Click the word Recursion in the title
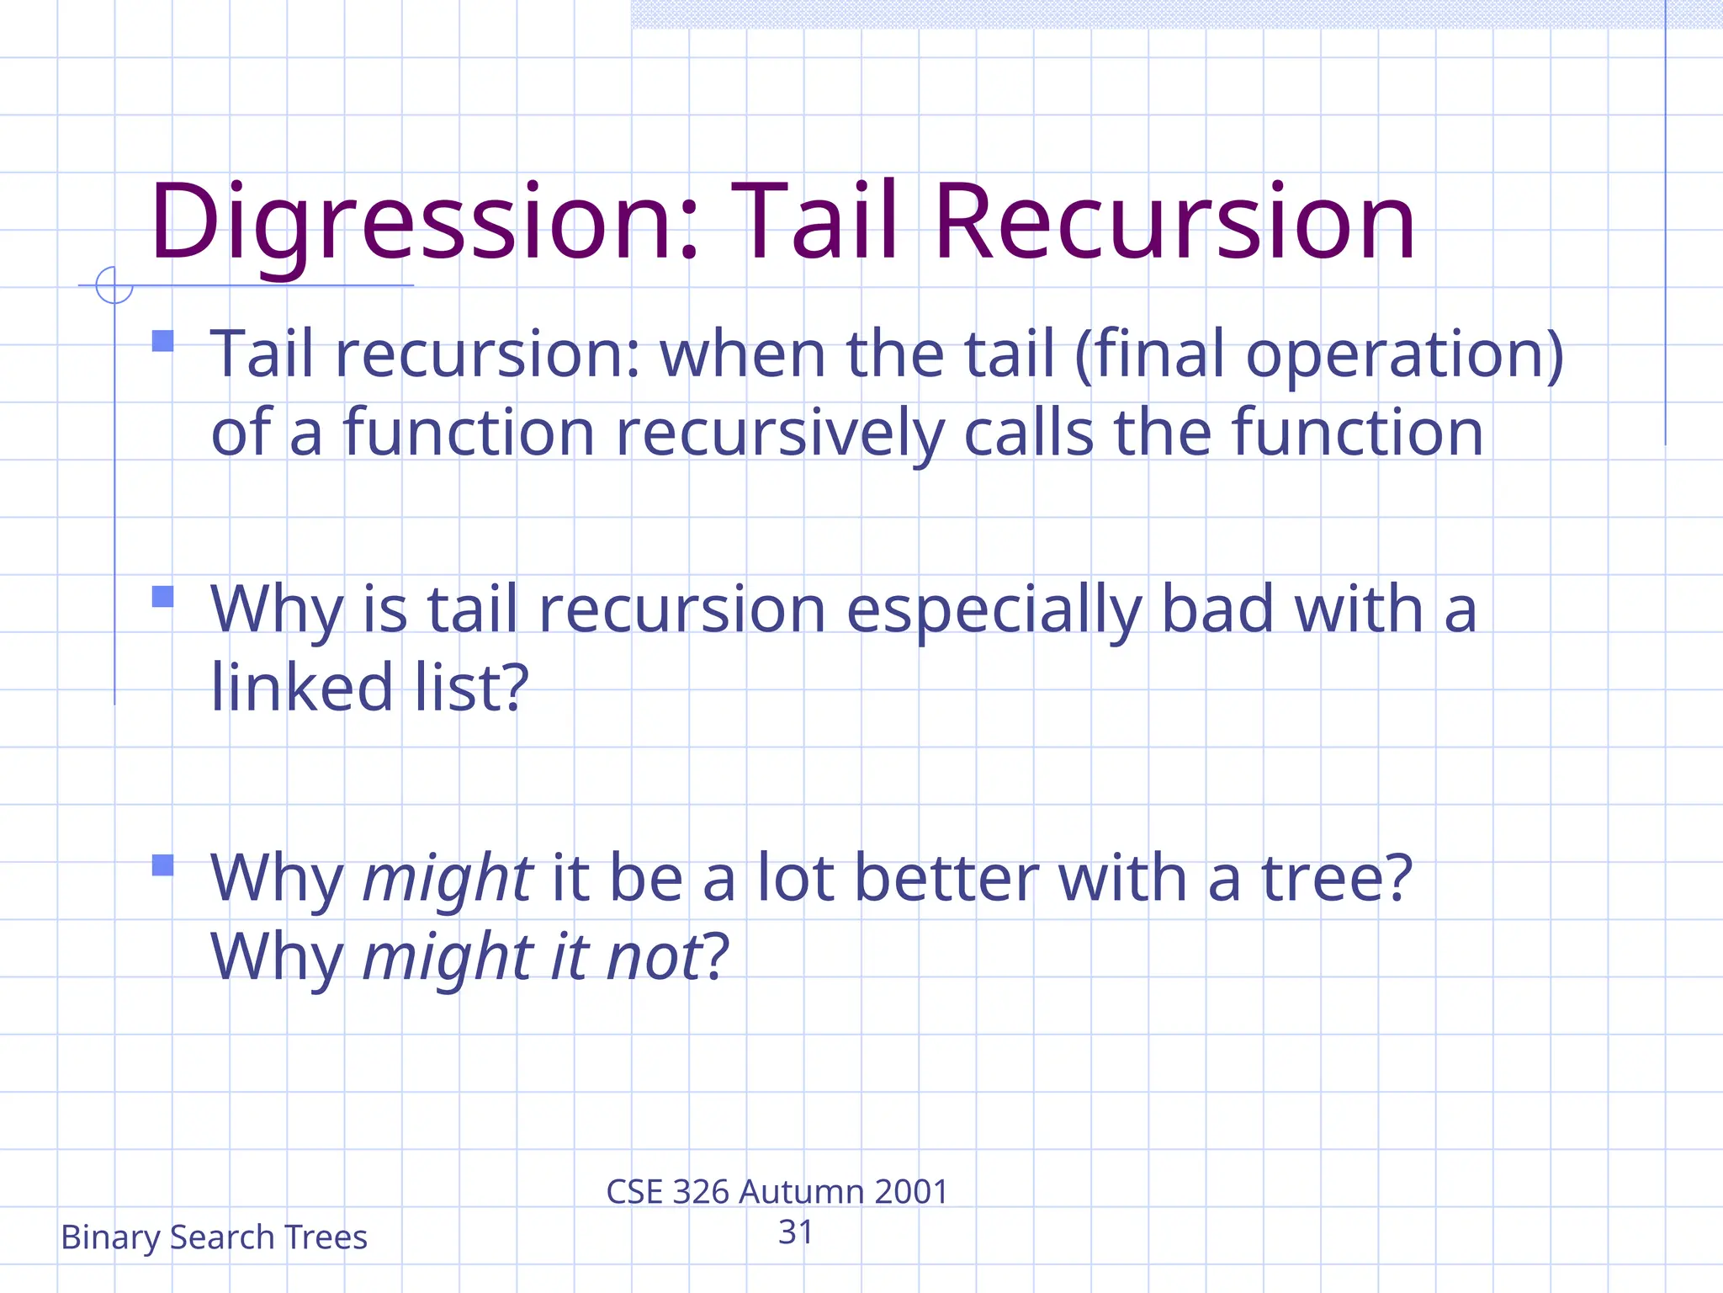(x=1174, y=223)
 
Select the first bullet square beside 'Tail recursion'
(x=163, y=341)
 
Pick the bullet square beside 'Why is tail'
(x=163, y=597)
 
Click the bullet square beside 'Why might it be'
(x=163, y=865)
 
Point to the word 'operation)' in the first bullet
(x=1405, y=355)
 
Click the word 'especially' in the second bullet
(x=993, y=610)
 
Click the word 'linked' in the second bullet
(x=302, y=687)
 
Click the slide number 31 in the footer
(x=795, y=1232)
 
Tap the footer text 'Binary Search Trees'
(x=214, y=1237)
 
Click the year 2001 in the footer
(x=911, y=1192)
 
